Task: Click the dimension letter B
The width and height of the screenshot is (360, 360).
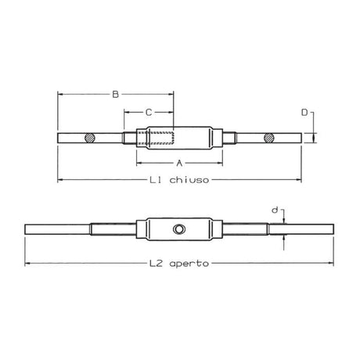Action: (x=115, y=95)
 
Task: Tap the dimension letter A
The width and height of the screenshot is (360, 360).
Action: (x=178, y=164)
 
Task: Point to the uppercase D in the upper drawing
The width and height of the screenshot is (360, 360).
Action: (x=304, y=113)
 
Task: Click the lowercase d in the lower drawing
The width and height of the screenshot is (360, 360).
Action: (x=273, y=211)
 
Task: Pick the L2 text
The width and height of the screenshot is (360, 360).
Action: (x=156, y=264)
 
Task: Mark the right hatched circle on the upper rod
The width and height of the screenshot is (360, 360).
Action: (x=268, y=139)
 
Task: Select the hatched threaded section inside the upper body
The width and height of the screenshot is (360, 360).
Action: (x=155, y=139)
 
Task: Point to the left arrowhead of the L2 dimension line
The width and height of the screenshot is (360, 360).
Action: (x=27, y=263)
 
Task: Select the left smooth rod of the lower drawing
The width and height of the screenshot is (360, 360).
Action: (x=55, y=229)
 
